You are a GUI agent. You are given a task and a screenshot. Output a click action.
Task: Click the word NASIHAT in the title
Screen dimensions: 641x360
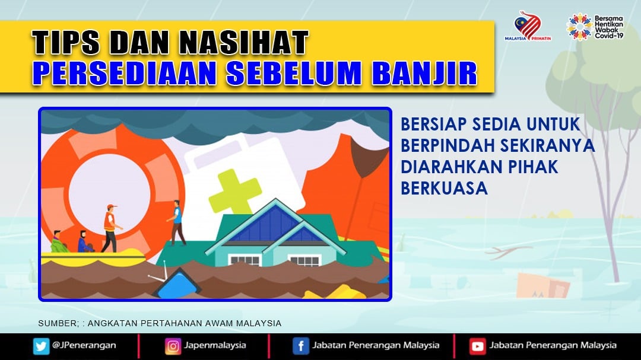[244, 42]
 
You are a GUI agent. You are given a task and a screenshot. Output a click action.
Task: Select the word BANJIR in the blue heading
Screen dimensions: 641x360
[425, 74]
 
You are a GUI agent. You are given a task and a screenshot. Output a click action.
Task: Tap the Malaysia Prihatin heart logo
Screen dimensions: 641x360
[528, 26]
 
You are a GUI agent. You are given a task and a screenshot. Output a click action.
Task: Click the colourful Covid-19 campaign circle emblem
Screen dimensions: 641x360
[579, 27]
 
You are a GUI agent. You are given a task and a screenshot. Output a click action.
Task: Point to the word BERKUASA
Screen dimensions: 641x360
[444, 189]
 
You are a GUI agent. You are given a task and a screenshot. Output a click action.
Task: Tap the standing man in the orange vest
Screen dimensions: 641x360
[110, 228]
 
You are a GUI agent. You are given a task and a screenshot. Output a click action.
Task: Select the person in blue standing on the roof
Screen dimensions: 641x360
[177, 222]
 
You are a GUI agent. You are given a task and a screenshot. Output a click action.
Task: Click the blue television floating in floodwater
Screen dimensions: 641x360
[177, 283]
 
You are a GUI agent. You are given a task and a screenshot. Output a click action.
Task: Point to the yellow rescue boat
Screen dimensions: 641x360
[93, 258]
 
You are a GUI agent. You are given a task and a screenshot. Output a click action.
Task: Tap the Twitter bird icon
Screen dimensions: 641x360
[41, 346]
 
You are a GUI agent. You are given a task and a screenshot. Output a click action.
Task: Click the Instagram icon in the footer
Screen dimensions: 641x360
[173, 346]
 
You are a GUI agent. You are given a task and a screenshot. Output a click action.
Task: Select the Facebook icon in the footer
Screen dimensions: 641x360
[300, 346]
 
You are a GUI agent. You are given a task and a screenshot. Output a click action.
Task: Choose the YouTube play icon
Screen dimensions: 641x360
[477, 346]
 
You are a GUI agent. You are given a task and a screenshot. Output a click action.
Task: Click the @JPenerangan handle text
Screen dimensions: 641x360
[84, 345]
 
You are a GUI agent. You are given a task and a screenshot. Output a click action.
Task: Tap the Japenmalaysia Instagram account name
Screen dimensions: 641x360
[215, 345]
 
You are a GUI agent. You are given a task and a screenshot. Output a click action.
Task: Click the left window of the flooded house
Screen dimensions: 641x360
[245, 260]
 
